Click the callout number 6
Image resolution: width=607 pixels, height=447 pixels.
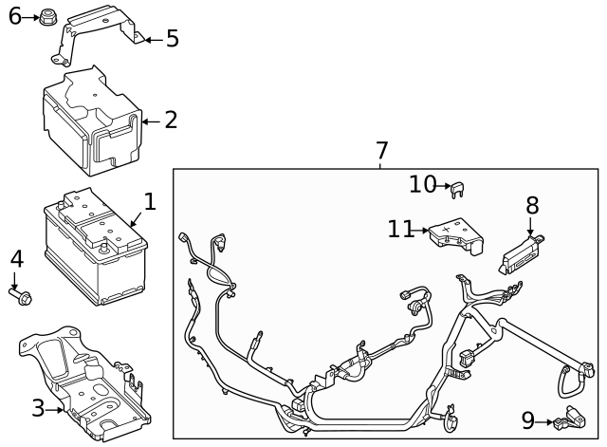click(14, 16)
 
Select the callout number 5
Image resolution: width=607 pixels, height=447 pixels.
click(172, 39)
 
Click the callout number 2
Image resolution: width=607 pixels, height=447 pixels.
click(171, 121)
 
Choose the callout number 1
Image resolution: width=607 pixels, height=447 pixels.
click(149, 201)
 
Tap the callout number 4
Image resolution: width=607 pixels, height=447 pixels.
click(16, 259)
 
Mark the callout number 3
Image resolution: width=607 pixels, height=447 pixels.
click(38, 409)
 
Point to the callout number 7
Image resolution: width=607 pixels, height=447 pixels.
click(381, 151)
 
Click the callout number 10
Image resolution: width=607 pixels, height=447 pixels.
click(423, 184)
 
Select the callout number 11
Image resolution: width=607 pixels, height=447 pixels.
click(401, 229)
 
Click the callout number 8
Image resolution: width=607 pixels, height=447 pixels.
click(532, 205)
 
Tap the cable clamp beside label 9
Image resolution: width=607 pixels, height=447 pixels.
click(572, 417)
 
